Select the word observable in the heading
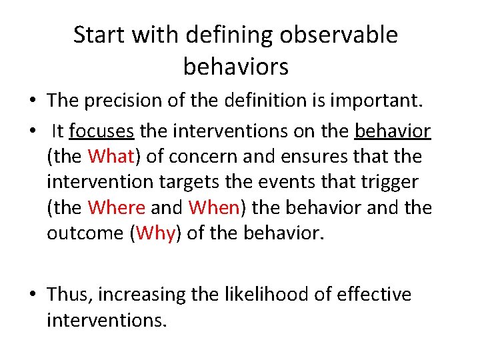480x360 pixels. point(339,35)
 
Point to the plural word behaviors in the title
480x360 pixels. point(235,66)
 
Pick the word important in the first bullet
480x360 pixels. point(379,100)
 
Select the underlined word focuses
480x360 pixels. point(101,131)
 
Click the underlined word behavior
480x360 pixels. point(393,131)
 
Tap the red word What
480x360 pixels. point(111,157)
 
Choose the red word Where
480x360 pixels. point(117,207)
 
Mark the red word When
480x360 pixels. point(214,207)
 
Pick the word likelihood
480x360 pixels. point(247,294)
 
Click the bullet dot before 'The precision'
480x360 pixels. point(33,101)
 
